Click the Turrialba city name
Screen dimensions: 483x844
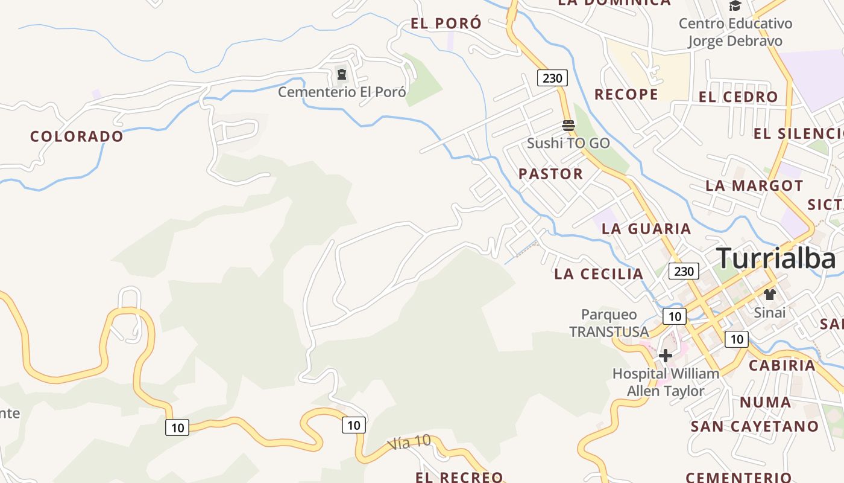click(776, 258)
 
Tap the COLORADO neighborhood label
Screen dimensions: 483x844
click(77, 136)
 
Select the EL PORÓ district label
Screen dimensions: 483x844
click(446, 24)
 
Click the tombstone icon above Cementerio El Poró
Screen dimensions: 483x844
click(342, 75)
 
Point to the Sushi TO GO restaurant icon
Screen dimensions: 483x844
click(568, 126)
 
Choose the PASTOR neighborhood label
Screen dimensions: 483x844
click(551, 174)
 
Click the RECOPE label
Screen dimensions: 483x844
click(626, 94)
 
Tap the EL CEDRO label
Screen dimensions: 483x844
click(738, 97)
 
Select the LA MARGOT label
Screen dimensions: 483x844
click(754, 185)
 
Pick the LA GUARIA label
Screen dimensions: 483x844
click(646, 228)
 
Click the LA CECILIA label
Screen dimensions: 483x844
click(599, 273)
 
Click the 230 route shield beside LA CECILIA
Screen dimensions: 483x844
click(684, 271)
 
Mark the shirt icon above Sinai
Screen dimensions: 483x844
click(770, 295)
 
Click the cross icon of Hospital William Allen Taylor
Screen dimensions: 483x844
click(666, 356)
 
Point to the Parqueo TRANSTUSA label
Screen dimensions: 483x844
click(609, 323)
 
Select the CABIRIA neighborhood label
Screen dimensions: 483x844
click(782, 365)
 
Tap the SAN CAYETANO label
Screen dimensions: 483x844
click(755, 426)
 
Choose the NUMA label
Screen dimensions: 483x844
click(766, 402)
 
